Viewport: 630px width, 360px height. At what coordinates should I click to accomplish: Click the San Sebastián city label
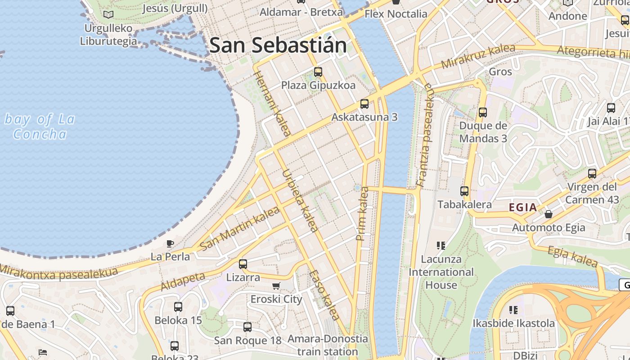coord(278,45)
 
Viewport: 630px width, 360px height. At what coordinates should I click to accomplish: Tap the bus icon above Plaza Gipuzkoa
coord(318,72)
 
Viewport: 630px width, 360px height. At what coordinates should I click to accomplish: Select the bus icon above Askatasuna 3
coord(364,104)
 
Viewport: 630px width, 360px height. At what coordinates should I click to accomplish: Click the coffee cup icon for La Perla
coord(170,244)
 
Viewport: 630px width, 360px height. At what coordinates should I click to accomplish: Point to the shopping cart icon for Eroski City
coord(276,286)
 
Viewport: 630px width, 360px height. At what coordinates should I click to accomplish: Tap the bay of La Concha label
coord(40,126)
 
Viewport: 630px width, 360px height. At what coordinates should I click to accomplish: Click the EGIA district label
coord(523,207)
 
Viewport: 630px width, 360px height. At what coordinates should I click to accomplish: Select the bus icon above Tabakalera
coord(464,191)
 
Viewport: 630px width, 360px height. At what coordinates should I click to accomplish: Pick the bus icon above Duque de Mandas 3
coord(483,112)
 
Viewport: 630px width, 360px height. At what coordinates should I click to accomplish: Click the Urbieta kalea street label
coord(300,200)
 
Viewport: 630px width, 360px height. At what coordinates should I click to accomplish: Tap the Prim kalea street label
coord(362,214)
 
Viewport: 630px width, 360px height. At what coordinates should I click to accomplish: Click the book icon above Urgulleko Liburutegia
coord(108,15)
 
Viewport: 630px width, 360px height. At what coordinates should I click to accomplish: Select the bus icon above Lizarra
coord(243,264)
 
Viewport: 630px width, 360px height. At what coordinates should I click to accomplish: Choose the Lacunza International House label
coord(441,272)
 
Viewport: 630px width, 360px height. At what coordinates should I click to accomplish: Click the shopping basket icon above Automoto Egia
coord(549,214)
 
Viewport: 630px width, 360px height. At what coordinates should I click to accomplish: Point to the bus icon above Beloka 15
coord(178,307)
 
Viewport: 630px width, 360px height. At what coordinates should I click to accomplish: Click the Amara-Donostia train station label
coord(328,345)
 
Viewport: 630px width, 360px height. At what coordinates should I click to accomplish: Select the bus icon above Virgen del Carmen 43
coord(592,174)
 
